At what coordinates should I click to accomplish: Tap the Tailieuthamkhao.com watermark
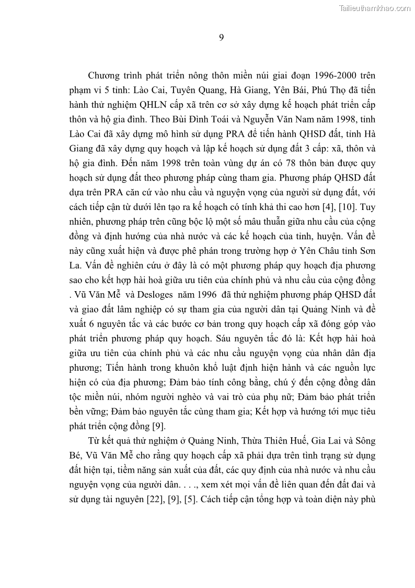tap(375, 8)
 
